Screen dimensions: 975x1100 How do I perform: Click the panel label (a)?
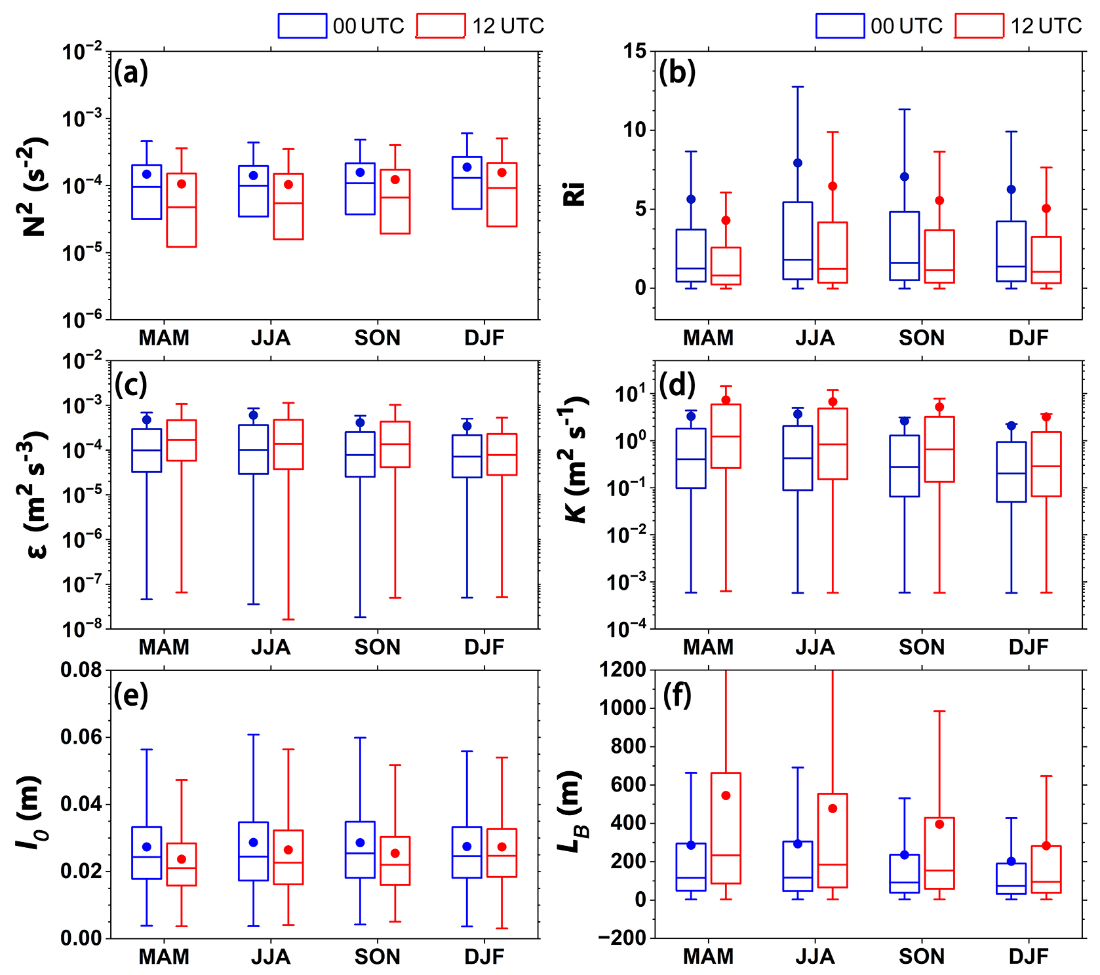tap(131, 71)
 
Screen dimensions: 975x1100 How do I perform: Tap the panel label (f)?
tap(677, 695)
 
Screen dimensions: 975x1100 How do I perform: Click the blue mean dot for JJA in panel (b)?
tap(798, 163)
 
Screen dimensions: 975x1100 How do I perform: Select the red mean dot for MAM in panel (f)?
tap(726, 795)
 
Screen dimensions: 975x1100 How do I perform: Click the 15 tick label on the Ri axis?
tap(635, 51)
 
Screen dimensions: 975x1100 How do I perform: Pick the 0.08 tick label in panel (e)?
tap(81, 670)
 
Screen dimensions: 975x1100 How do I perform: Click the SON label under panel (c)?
tap(377, 647)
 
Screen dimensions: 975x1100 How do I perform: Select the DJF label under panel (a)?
tap(484, 338)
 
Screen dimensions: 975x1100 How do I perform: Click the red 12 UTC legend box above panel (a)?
tap(441, 26)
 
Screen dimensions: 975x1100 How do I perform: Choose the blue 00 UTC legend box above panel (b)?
tap(840, 26)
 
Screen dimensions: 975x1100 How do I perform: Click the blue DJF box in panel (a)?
tap(467, 183)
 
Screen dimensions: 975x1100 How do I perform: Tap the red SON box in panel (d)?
tap(939, 449)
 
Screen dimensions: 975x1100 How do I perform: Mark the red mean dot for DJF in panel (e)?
tap(502, 847)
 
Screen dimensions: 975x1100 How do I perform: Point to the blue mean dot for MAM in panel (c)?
tap(147, 420)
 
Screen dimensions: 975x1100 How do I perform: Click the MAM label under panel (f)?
tap(708, 957)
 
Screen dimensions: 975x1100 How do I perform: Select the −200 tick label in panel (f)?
tap(623, 938)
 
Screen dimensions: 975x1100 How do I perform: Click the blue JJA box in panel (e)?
tap(253, 851)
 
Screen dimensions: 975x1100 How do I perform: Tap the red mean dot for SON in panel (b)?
tap(939, 201)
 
